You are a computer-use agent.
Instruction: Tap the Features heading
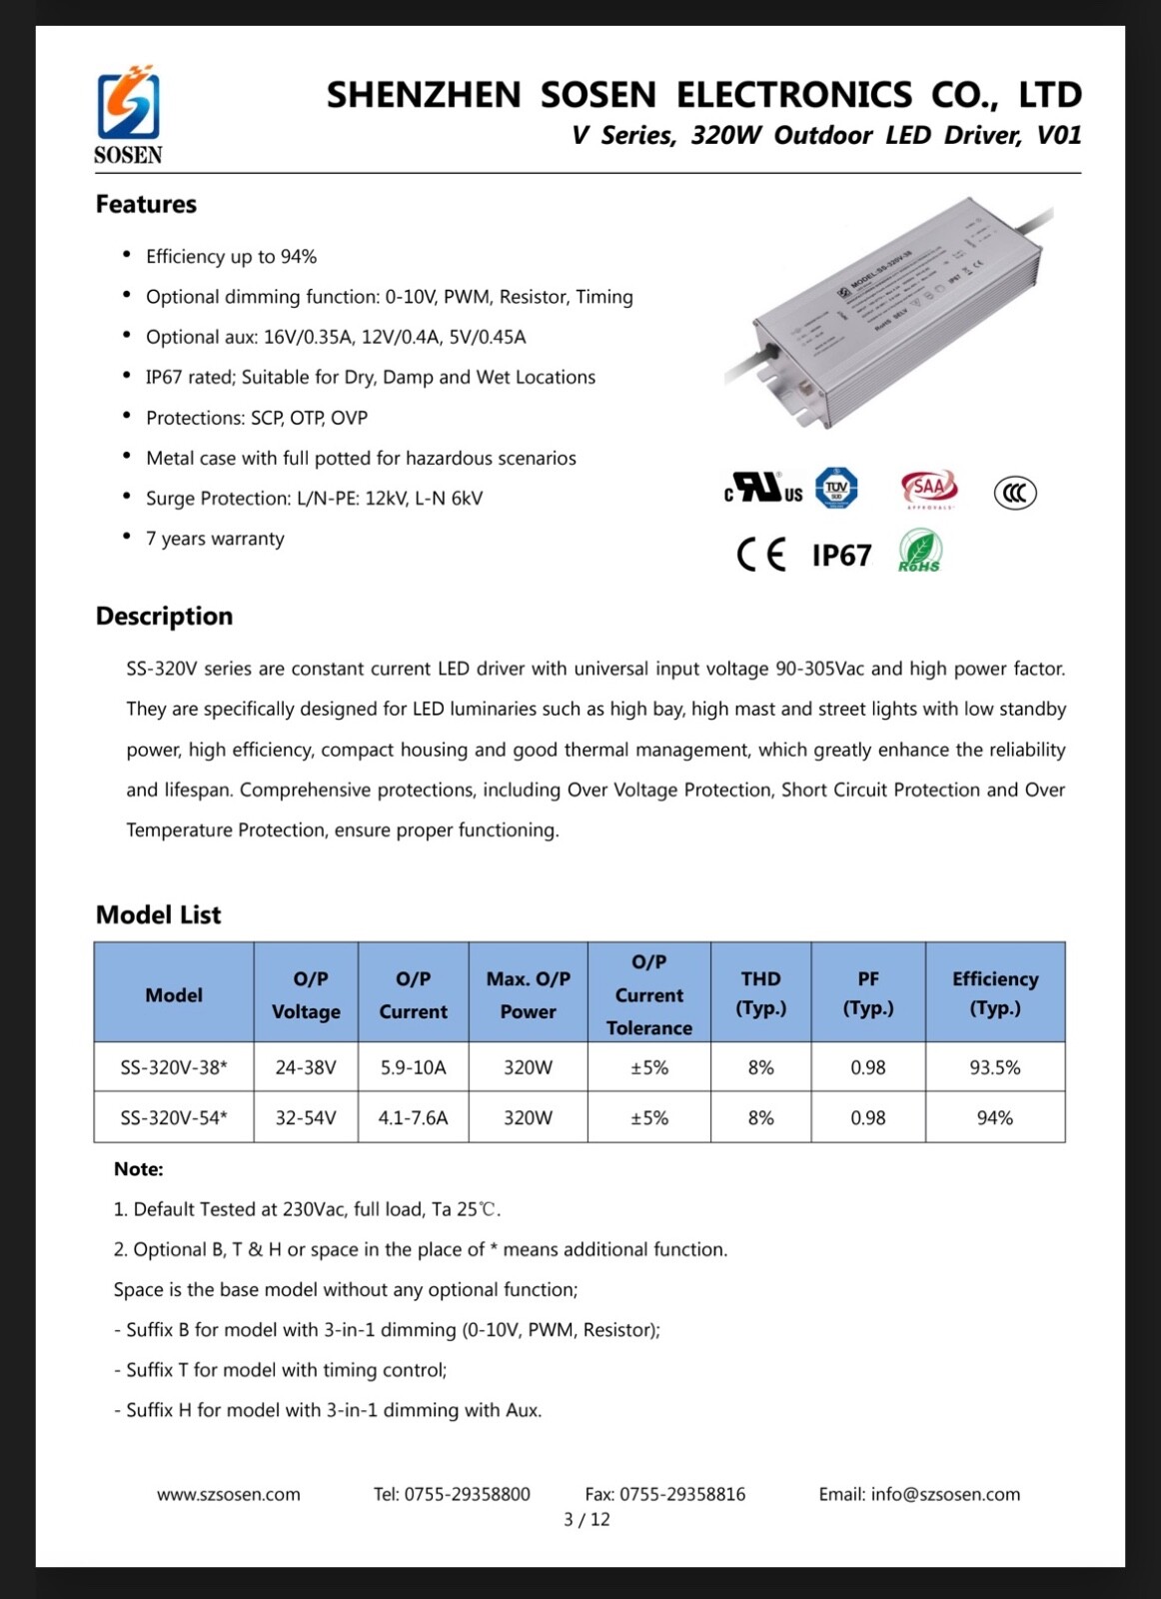[x=146, y=204]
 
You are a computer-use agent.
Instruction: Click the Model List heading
[x=158, y=914]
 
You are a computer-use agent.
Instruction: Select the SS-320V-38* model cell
[x=174, y=1067]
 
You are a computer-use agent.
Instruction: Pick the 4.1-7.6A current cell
[x=413, y=1117]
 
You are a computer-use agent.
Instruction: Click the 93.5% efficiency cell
[x=994, y=1067]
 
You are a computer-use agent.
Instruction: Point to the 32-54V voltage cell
[x=306, y=1117]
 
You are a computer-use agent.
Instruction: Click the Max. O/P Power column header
[x=528, y=994]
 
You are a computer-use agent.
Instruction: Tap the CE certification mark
[x=761, y=554]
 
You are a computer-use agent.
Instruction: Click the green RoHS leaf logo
[x=919, y=551]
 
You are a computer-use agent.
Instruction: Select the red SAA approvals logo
[x=929, y=488]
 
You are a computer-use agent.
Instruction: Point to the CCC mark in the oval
[x=1014, y=493]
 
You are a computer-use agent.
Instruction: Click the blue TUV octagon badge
[x=836, y=488]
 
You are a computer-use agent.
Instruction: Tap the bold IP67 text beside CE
[x=841, y=556]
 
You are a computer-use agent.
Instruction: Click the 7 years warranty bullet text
[x=215, y=539]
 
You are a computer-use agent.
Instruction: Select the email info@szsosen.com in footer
[x=919, y=1494]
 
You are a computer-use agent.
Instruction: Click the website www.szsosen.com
[x=228, y=1494]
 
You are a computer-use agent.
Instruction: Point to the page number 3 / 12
[x=586, y=1519]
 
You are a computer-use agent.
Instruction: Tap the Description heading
[x=164, y=616]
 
